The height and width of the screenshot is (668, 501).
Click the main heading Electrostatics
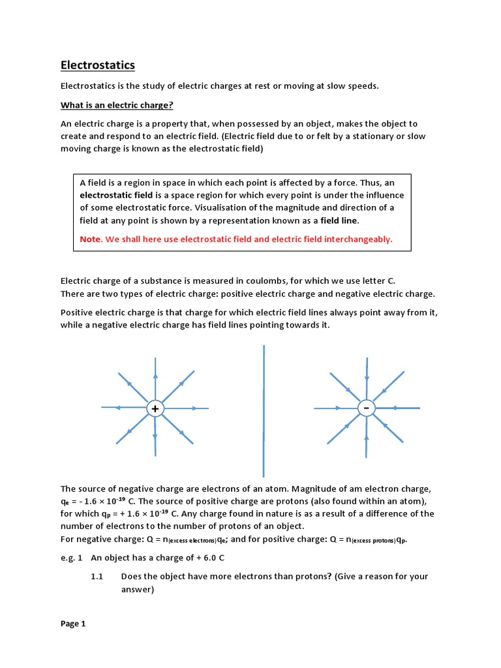pos(97,65)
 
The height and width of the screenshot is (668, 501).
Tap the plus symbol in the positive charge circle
pos(155,409)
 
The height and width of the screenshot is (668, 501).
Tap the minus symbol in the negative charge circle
pos(367,408)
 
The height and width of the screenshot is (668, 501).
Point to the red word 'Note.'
pos(91,239)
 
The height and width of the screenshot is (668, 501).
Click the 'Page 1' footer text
pos(73,624)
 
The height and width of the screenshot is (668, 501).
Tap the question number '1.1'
pos(97,577)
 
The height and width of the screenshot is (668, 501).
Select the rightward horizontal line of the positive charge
pos(186,409)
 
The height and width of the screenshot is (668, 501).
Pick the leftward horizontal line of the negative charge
pos(336,408)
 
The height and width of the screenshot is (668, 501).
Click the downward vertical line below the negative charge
pos(367,437)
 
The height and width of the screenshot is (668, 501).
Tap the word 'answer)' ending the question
pos(138,590)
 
